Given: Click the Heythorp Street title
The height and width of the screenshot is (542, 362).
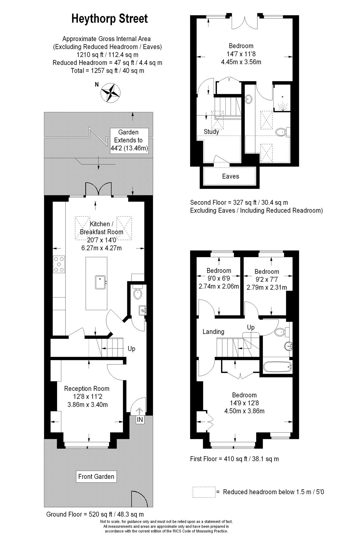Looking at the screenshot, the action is click(110, 19).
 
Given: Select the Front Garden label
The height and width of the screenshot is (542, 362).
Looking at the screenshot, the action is click(96, 476).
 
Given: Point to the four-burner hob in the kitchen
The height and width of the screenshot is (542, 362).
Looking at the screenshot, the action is click(59, 264).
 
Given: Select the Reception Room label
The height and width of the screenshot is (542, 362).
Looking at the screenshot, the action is click(87, 389).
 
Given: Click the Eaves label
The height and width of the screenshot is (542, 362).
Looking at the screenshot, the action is click(230, 176).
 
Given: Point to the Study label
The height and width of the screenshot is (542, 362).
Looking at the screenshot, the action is click(211, 132).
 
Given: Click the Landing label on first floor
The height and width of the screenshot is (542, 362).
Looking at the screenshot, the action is click(213, 332).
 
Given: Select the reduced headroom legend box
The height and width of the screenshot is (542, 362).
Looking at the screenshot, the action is click(204, 492).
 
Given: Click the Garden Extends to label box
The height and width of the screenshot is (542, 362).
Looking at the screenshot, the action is click(129, 140).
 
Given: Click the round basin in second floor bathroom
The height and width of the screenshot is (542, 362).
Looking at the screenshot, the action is click(249, 99).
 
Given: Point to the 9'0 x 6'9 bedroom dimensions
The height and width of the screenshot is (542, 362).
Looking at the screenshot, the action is click(219, 279).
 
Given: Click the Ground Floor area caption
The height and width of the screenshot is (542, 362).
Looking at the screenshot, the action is click(95, 514).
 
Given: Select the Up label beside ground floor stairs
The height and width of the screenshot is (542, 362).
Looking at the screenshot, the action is click(132, 349).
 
